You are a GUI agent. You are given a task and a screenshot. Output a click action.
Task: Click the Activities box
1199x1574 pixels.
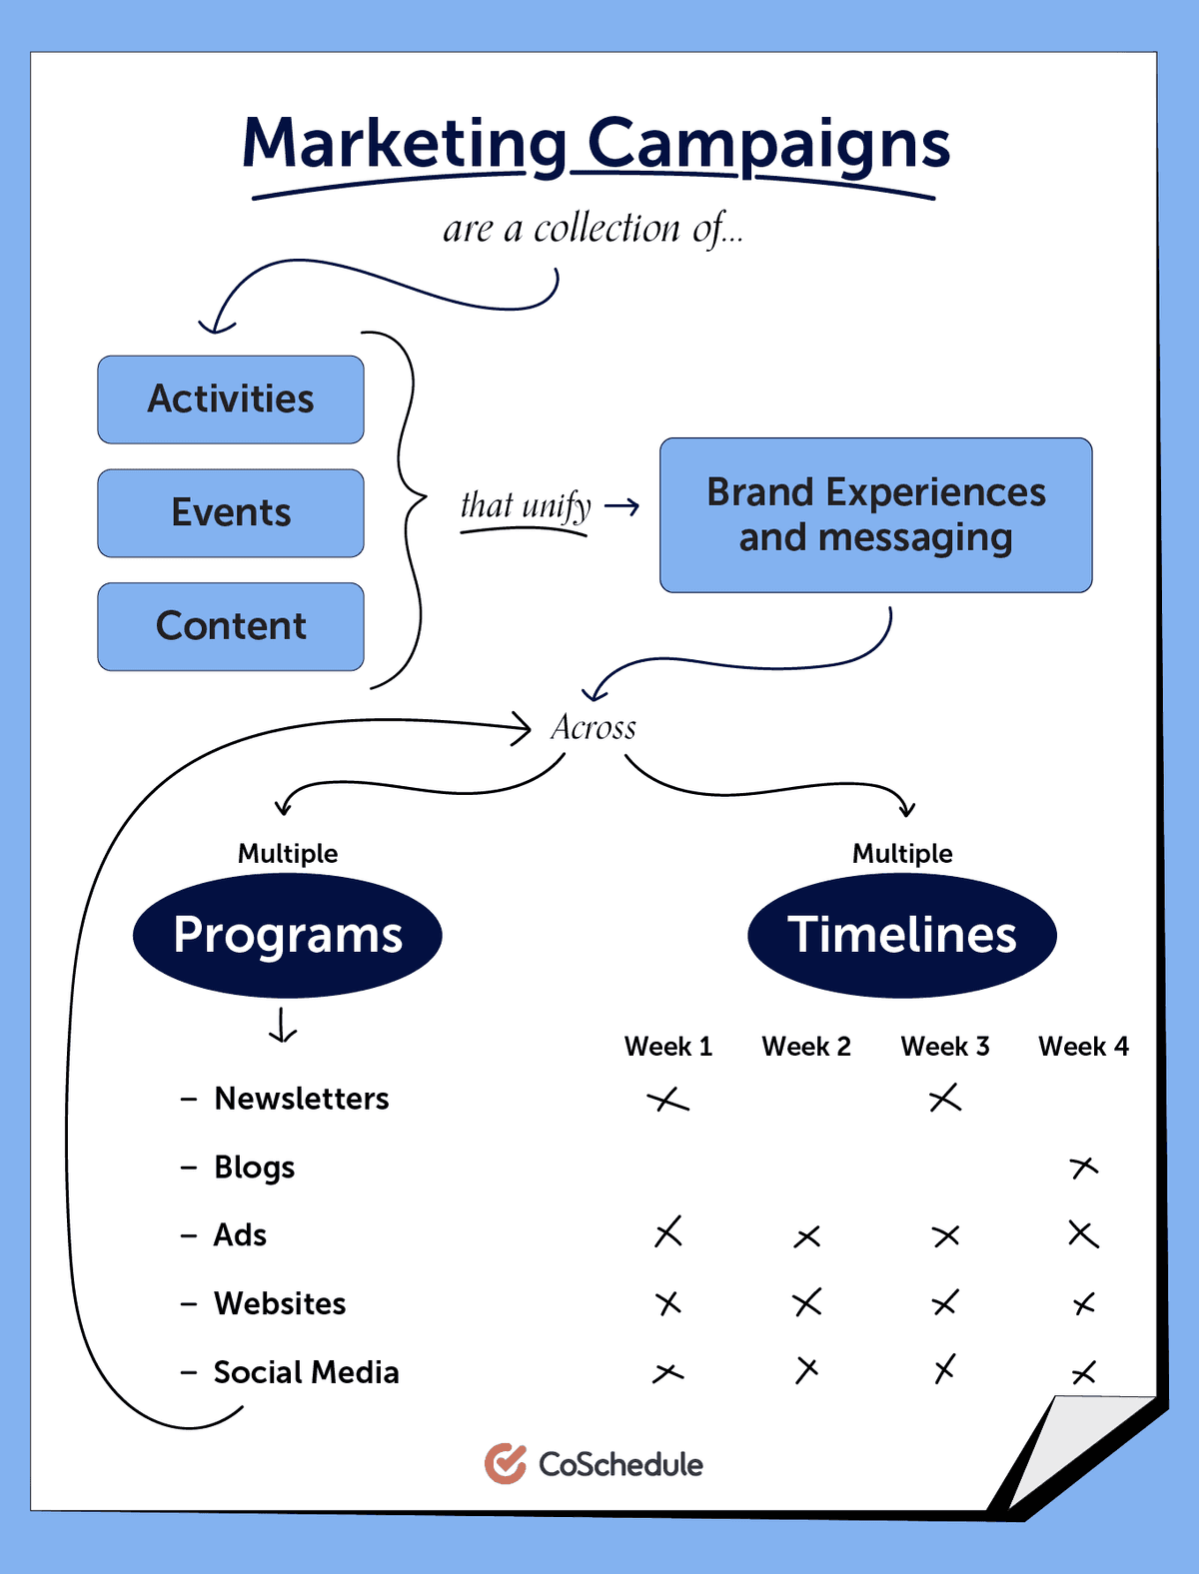231,399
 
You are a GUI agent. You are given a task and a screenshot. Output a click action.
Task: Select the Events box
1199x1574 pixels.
231,513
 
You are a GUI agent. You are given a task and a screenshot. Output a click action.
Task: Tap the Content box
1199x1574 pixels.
231,626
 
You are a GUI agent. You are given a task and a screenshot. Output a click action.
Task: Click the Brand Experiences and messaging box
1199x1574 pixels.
875,515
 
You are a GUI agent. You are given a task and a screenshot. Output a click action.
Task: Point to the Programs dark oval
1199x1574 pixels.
288,936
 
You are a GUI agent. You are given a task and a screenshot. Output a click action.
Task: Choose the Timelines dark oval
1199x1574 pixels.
901,936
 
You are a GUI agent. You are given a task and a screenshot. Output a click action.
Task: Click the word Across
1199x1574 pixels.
594,728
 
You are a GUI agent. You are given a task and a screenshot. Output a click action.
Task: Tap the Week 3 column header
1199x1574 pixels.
944,1047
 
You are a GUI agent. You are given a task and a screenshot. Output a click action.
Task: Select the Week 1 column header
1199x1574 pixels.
667,1047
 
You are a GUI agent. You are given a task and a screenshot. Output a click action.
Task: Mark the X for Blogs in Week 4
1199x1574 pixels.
1083,1167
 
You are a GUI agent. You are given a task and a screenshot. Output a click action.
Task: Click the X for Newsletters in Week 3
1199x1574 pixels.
944,1099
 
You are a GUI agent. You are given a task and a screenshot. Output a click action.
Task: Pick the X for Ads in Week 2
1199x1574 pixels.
807,1237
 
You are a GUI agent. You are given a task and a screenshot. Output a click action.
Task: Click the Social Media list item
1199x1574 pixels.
305,1372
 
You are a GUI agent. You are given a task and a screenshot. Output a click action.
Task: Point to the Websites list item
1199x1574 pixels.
279,1303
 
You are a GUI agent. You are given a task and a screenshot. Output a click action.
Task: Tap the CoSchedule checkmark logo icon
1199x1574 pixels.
506,1464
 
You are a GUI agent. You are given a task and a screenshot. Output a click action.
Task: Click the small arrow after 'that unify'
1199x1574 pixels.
622,507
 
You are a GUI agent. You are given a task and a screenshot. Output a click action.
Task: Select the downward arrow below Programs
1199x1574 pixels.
283,1026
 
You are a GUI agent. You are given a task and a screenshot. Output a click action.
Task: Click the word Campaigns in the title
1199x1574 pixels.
767,145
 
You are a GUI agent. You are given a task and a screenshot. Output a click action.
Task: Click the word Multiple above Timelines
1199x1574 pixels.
901,854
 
